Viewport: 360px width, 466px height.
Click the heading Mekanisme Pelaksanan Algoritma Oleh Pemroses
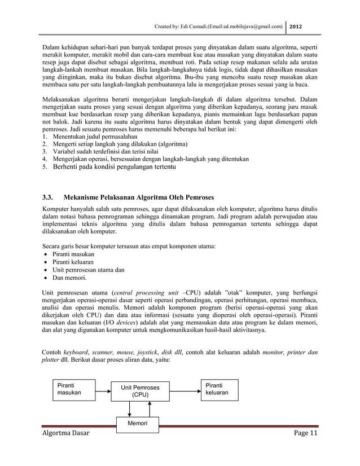(139, 198)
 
